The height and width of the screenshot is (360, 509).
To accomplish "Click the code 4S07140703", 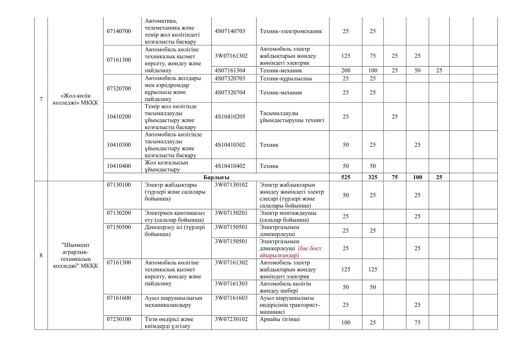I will pos(230,31).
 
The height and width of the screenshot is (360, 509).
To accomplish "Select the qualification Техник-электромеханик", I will pos(291,31).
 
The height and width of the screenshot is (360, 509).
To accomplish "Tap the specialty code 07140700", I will pos(119,31).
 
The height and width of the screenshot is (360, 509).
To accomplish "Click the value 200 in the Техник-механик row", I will pos(345,70).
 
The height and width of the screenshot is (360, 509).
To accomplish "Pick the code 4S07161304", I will pos(230,70).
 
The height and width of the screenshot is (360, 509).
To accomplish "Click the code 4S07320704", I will pos(230,93).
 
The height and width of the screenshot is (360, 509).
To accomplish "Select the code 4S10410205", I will pos(230,117).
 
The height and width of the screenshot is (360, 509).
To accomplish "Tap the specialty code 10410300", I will pos(119,145).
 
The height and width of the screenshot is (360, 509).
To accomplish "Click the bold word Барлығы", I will pos(216,177).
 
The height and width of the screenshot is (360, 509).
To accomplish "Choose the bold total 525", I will pos(345,177).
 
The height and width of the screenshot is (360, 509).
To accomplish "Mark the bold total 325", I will pos(373,177).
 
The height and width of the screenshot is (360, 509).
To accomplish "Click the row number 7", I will pos(41,99).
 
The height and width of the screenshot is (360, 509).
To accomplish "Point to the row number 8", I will pos(41,255).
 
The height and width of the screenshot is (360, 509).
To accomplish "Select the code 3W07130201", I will pos(231,213).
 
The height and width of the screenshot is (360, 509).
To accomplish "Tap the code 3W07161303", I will pos(231,284).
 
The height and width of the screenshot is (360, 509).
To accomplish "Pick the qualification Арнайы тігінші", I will pos(279,319).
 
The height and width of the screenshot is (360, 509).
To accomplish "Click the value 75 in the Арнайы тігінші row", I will pos(417,322).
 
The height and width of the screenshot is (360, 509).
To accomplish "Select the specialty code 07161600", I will pos(119,298).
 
